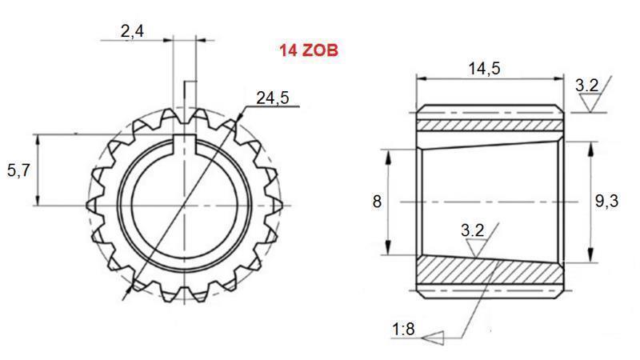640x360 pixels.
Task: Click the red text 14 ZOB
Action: click(308, 50)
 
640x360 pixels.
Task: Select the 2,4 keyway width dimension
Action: click(132, 32)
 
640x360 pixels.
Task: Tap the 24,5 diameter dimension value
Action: click(272, 98)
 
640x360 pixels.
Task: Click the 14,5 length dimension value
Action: click(483, 68)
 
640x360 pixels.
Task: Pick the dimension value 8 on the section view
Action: click(377, 202)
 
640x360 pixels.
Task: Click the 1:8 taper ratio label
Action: click(404, 329)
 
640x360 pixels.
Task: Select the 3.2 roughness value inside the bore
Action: click(472, 230)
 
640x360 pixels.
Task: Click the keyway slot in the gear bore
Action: click(185, 144)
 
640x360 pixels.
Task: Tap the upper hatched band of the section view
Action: click(488, 126)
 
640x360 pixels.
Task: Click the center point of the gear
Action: click(185, 205)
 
